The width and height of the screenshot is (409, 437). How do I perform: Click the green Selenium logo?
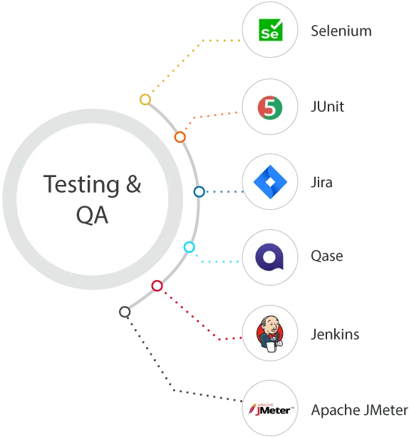[271, 30]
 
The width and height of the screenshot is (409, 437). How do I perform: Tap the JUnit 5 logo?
[270, 108]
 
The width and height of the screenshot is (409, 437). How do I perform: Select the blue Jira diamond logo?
[270, 182]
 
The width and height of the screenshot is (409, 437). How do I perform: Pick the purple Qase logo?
[269, 257]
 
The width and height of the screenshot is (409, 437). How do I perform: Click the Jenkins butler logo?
[270, 333]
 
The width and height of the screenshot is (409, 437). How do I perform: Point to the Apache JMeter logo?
[271, 410]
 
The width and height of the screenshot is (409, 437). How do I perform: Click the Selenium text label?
[341, 31]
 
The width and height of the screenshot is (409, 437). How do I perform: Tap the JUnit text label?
[327, 106]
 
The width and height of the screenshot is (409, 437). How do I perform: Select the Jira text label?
[321, 182]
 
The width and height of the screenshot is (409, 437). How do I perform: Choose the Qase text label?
[326, 256]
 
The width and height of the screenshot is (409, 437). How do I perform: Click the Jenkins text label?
[335, 334]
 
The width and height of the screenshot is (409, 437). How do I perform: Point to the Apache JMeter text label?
[360, 411]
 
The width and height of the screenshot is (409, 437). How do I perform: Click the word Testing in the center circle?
[81, 184]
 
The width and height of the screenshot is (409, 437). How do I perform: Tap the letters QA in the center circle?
[92, 215]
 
